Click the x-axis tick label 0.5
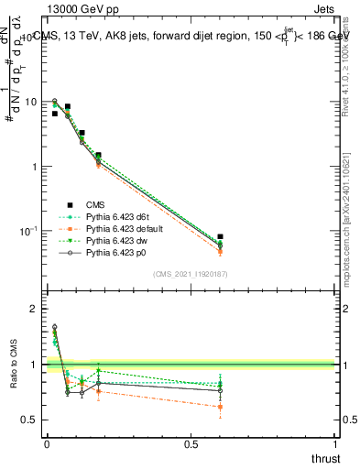191,444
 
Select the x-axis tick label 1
335,444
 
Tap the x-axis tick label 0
46,444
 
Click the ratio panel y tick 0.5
29,420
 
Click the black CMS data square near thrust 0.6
220,237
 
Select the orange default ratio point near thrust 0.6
220,407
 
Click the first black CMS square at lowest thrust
55,114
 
